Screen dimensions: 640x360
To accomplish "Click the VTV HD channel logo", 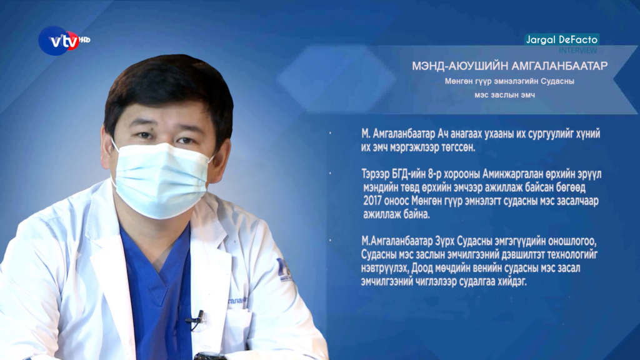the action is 64,41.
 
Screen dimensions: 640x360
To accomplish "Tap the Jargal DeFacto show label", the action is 562,39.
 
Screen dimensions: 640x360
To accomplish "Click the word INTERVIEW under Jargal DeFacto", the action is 578,50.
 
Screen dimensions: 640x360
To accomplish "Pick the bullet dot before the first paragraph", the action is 330,133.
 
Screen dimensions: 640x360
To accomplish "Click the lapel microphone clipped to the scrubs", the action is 197,319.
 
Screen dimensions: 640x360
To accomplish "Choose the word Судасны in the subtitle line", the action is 557,81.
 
